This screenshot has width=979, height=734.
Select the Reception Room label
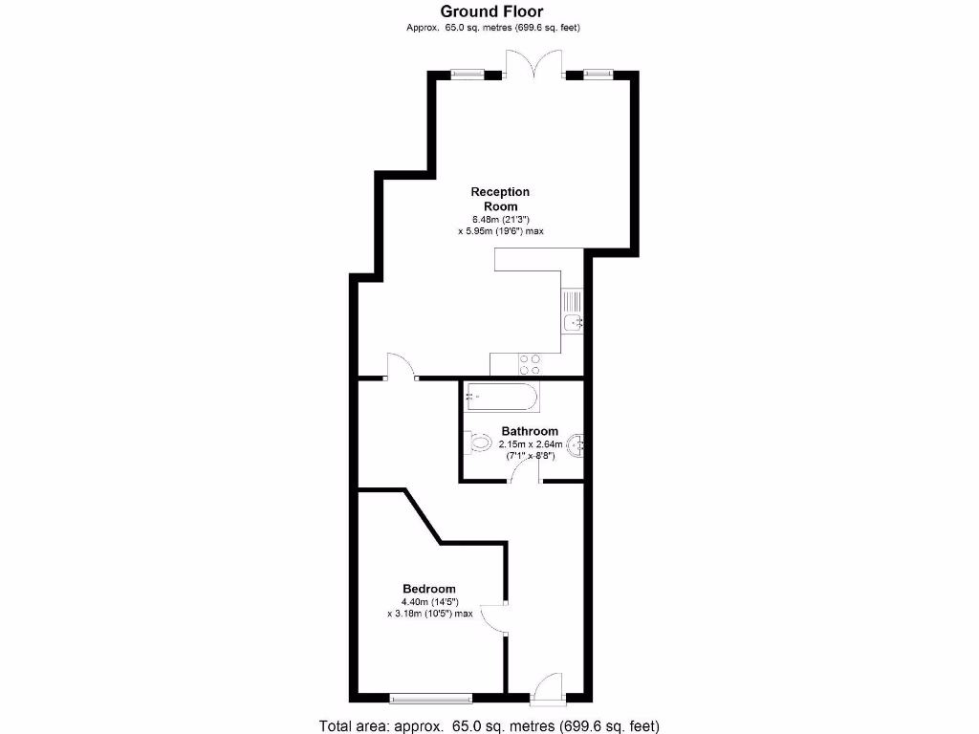tap(500, 199)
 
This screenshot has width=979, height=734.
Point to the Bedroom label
tap(428, 589)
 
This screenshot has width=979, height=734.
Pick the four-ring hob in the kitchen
tap(529, 364)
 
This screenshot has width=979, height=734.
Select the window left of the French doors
tap(468, 73)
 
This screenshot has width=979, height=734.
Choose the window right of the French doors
tap(598, 73)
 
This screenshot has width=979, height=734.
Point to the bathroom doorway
tap(525, 478)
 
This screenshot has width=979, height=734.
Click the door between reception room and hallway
tap(402, 368)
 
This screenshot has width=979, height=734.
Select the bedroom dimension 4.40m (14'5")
tap(432, 602)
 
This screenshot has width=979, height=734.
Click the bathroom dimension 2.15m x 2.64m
tap(530, 444)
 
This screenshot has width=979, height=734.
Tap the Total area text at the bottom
tap(489, 725)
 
